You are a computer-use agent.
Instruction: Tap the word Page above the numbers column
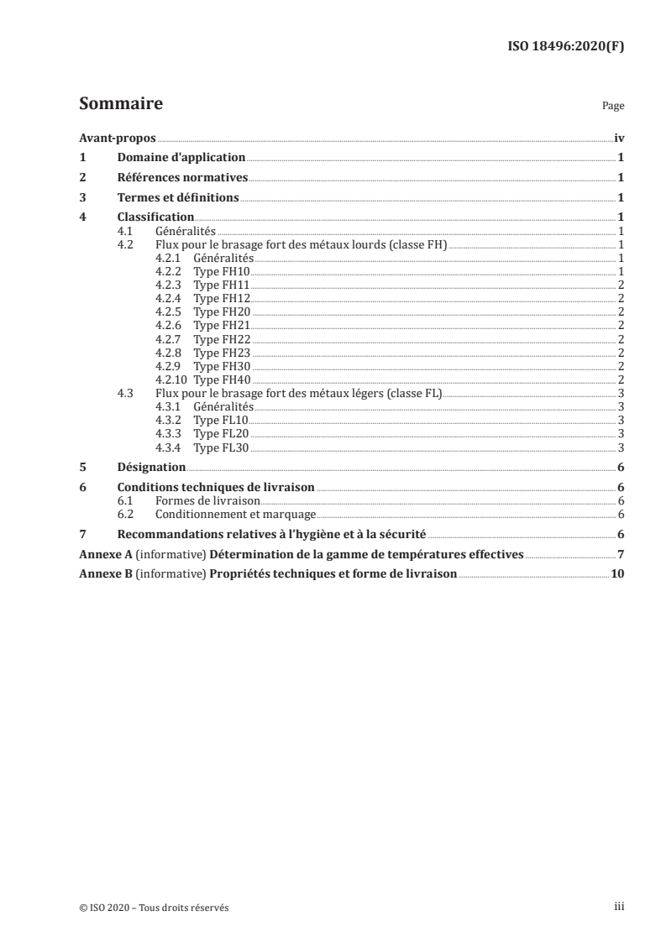[x=613, y=107]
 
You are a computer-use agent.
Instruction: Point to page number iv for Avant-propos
[x=619, y=137]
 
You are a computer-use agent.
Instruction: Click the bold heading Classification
[x=155, y=217]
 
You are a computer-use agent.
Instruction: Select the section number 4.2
[x=125, y=244]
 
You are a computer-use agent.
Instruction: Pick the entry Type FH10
[x=222, y=272]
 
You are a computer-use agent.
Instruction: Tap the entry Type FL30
[x=222, y=447]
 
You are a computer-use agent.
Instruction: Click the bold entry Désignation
[x=151, y=468]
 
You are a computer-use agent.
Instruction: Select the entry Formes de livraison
[x=207, y=502]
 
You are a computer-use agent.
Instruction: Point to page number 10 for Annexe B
[x=617, y=575]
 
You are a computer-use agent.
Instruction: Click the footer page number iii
[x=618, y=908]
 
